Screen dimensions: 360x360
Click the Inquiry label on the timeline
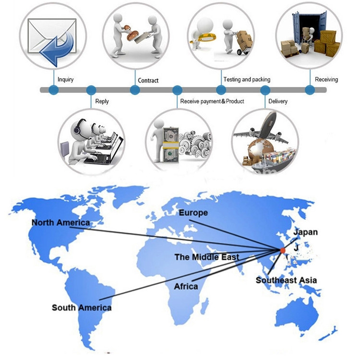pyautogui.click(x=65, y=79)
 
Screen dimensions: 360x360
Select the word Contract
pyautogui.click(x=148, y=80)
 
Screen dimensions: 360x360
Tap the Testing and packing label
pyautogui.click(x=247, y=79)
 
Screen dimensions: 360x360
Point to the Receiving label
pyautogui.click(x=326, y=79)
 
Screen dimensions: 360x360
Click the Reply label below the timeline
pyautogui.click(x=102, y=101)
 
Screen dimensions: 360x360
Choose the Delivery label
pyautogui.click(x=278, y=101)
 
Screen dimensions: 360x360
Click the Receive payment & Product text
pyautogui.click(x=212, y=101)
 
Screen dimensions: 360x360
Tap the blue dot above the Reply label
pyautogui.click(x=91, y=90)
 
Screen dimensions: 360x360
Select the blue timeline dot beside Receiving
pyautogui.click(x=310, y=90)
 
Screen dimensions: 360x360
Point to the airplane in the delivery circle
pyautogui.click(x=262, y=127)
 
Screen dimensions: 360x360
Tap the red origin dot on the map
pyautogui.click(x=283, y=250)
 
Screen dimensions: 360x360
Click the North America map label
pyautogui.click(x=60, y=223)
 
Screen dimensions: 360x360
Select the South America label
pyautogui.click(x=82, y=308)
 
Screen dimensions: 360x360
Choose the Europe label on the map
pyautogui.click(x=193, y=212)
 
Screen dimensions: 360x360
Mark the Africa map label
pyautogui.click(x=186, y=286)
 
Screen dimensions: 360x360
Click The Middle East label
pyautogui.click(x=207, y=257)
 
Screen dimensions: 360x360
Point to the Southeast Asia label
pyautogui.click(x=286, y=280)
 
